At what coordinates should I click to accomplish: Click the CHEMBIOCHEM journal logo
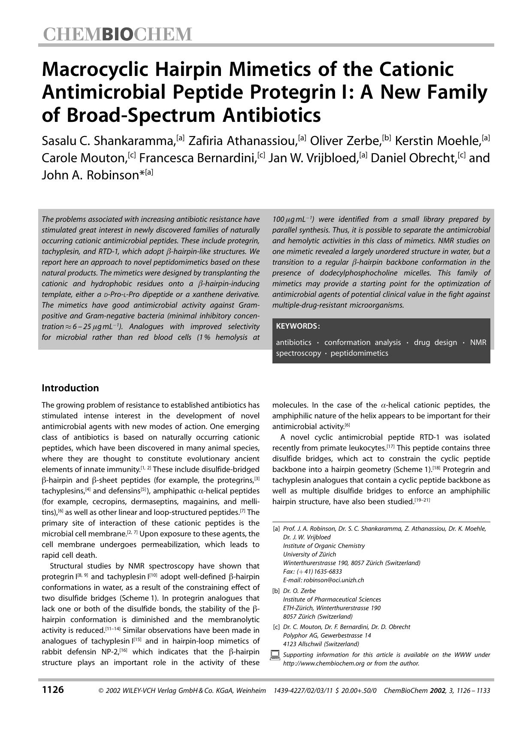pyautogui.click(x=117, y=34)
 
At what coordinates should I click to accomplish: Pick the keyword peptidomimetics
pyautogui.click(x=359, y=353)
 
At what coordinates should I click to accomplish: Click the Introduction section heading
pyautogui.click(x=70, y=388)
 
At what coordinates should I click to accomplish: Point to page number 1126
pyautogui.click(x=53, y=689)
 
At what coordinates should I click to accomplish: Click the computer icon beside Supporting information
pyautogui.click(x=275, y=655)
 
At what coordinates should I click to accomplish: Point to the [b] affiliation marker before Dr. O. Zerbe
pyautogui.click(x=276, y=591)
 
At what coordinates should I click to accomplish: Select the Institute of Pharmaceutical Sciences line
pyautogui.click(x=332, y=599)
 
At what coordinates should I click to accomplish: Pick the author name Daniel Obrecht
pyautogui.click(x=413, y=158)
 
